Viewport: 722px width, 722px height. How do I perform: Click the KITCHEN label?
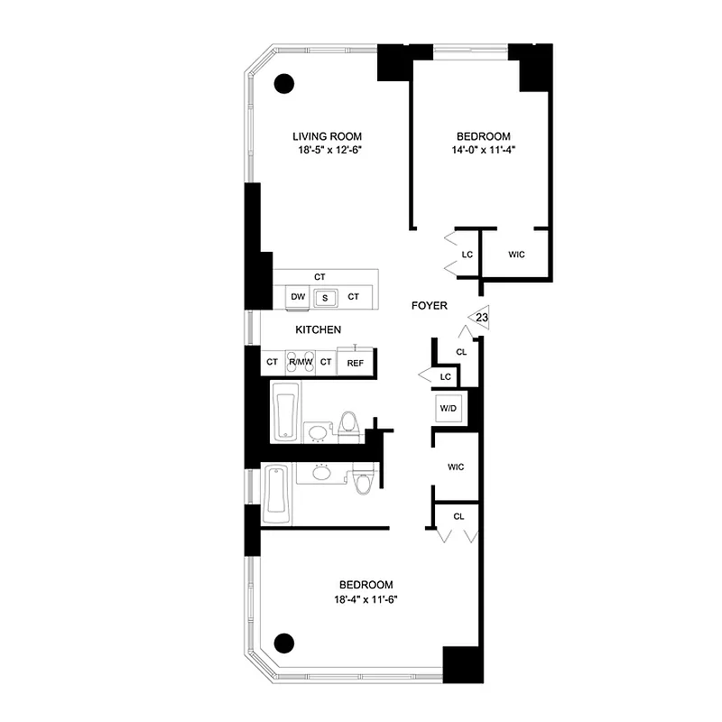(319, 330)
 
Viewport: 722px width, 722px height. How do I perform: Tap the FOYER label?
(430, 306)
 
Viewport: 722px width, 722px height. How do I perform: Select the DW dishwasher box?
(298, 297)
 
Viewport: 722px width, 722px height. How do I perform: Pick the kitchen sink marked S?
(326, 297)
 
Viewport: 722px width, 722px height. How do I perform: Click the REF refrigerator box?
(355, 363)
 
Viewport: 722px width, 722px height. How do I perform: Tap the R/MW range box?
(299, 363)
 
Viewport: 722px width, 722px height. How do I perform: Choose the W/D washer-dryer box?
(448, 408)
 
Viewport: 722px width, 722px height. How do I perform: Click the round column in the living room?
(284, 83)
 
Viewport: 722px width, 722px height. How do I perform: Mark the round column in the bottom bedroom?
(284, 643)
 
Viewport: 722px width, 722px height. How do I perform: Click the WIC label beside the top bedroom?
(516, 255)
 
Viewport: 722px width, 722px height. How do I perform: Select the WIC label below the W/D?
(457, 467)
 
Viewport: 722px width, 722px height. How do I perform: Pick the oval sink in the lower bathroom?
(320, 472)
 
